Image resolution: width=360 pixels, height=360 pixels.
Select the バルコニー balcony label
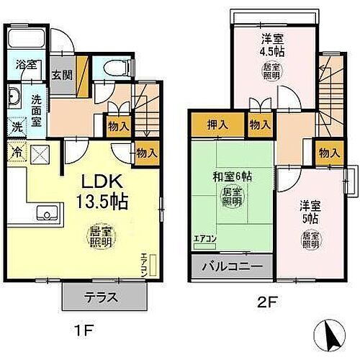(231, 266)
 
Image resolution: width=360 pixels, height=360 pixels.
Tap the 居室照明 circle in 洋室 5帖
(310, 241)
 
